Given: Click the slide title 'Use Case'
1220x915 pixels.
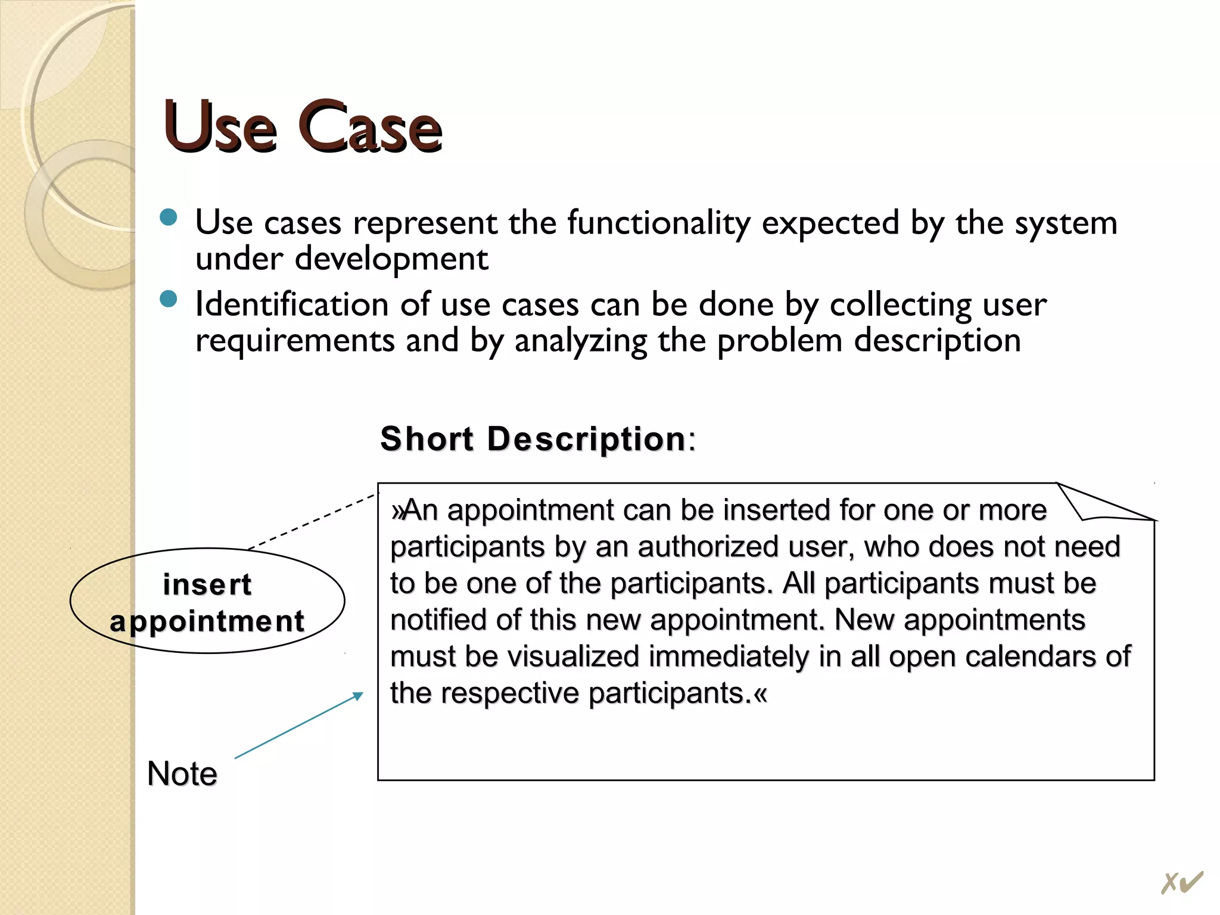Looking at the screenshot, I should pyautogui.click(x=303, y=127).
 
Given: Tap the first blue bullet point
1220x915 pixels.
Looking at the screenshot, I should pyautogui.click(x=169, y=217).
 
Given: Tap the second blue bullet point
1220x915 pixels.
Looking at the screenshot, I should pyautogui.click(x=169, y=298).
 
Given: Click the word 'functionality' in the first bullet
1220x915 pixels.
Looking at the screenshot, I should pyautogui.click(x=659, y=223).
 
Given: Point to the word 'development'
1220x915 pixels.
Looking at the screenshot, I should pyautogui.click(x=391, y=259).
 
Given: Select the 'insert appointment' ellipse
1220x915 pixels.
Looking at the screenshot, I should pyautogui.click(x=207, y=601).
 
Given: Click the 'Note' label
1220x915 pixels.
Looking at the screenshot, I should pyautogui.click(x=182, y=774).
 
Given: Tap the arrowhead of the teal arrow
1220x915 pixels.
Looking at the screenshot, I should pyautogui.click(x=359, y=695).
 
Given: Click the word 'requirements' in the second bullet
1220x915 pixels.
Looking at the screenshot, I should pyautogui.click(x=295, y=341).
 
